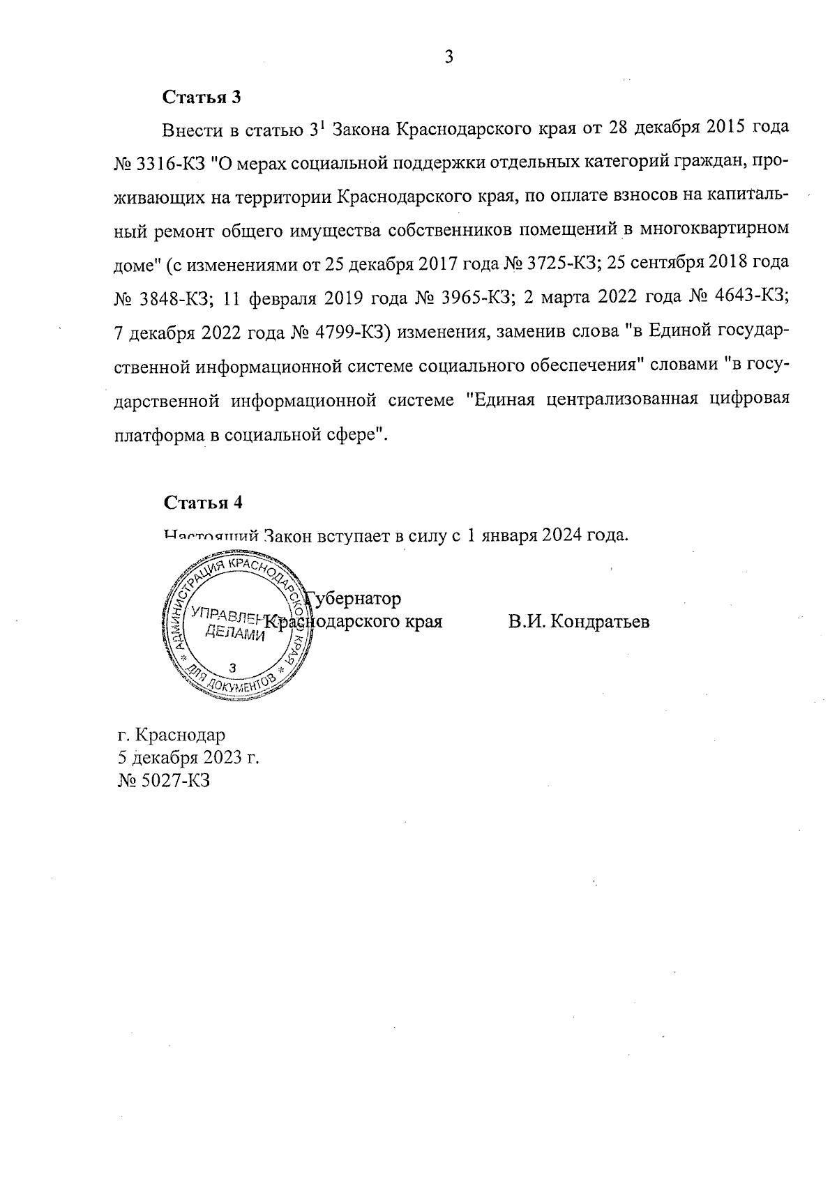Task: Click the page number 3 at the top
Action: coord(448,58)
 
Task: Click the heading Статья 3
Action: coord(202,98)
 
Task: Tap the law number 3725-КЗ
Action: coord(562,264)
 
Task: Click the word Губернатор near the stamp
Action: coord(356,599)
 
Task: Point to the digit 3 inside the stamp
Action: coord(233,667)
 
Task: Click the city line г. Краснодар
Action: coord(172,735)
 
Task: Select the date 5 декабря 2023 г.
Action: coord(189,758)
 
